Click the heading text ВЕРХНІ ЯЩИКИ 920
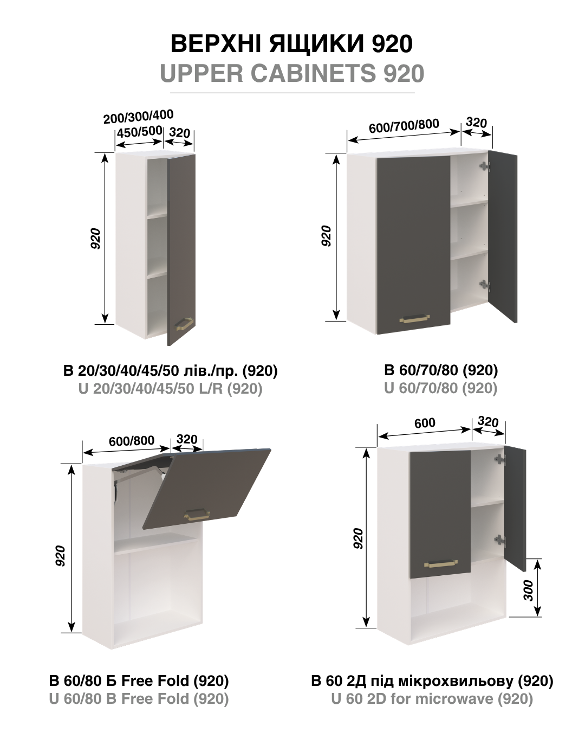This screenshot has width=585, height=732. pos(291,44)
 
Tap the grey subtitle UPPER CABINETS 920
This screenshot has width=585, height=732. pos(292,73)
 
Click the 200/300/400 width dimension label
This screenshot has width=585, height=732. pos(138,117)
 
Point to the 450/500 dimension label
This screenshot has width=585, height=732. pos(139,132)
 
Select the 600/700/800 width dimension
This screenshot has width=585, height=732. pos(404,125)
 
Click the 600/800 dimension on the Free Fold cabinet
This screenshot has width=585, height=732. pos(132,441)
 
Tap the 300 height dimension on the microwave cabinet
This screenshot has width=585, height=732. pos(529,590)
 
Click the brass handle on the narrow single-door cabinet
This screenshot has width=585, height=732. pos(184,324)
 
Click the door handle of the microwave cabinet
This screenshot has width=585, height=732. pos(441,563)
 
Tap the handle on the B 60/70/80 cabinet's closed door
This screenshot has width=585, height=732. pos(414,319)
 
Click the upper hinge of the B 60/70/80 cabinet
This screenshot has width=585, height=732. pos(485,166)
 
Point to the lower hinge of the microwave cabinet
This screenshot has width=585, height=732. pos(499,539)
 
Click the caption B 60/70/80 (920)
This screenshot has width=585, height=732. pos(441,370)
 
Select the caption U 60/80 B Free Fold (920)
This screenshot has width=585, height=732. pos(139,699)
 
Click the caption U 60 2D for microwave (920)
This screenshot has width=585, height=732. pos(432,699)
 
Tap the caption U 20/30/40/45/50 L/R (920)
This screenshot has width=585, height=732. pos(170,388)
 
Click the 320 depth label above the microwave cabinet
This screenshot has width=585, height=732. pos(488,422)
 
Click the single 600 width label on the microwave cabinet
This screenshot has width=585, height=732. pos(425,423)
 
